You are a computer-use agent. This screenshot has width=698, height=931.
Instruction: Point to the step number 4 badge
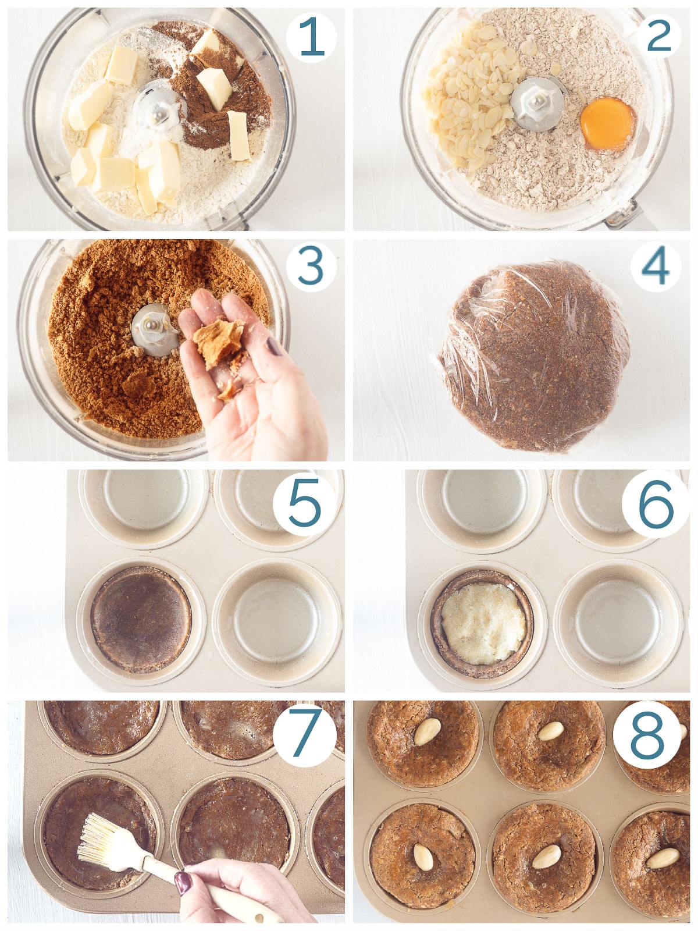point(656,267)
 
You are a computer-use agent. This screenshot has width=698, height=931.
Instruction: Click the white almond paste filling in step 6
point(483,623)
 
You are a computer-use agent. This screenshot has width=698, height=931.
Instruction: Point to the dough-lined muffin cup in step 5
point(141,620)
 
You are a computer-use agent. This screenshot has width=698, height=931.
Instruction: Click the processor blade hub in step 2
point(537,104)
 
